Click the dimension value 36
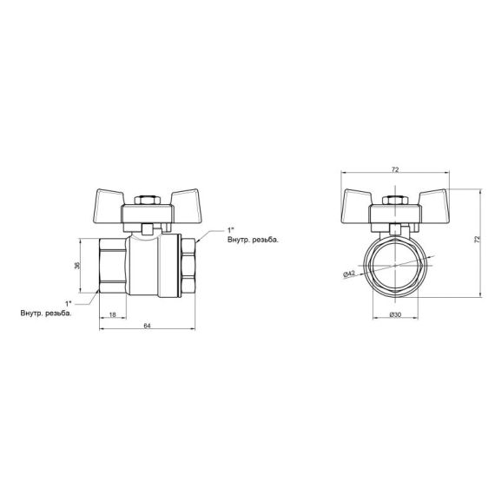(76, 265)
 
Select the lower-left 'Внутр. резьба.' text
(45, 313)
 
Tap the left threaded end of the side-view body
(112, 265)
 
